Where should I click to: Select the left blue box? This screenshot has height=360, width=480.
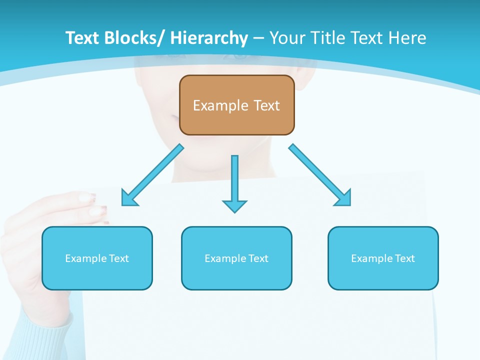click(x=97, y=258)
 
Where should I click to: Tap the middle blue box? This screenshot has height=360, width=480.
click(x=236, y=258)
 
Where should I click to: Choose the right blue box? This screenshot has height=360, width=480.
click(x=383, y=258)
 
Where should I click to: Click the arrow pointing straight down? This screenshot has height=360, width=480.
click(x=234, y=180)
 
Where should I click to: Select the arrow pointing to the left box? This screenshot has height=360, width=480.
click(x=152, y=175)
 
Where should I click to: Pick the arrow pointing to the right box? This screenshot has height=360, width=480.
click(x=320, y=175)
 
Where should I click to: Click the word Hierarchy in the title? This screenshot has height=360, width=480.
click(x=209, y=38)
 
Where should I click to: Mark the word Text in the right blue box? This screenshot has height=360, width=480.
click(x=404, y=258)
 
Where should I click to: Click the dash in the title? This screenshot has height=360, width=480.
click(x=258, y=38)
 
